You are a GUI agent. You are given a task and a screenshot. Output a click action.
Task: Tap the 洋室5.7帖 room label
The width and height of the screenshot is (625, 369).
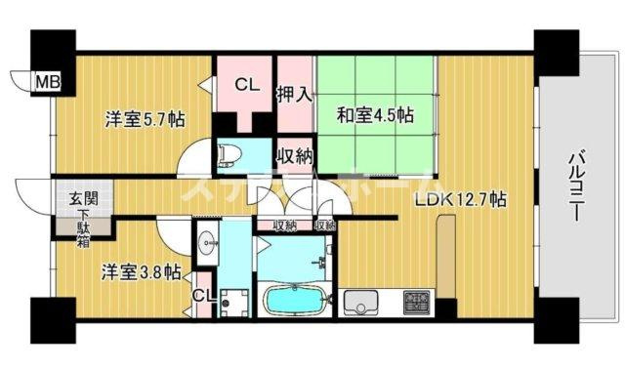(x=146, y=121)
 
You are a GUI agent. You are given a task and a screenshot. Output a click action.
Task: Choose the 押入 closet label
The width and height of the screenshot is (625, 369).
(x=294, y=96)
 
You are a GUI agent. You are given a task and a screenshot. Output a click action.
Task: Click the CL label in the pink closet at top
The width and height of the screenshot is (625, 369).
(x=246, y=85)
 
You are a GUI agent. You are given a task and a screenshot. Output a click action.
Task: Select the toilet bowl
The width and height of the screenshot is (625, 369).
(x=229, y=154)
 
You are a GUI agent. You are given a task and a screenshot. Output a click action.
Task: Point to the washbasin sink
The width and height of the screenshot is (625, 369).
(x=207, y=243)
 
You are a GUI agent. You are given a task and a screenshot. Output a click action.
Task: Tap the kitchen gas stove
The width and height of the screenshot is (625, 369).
(x=420, y=300)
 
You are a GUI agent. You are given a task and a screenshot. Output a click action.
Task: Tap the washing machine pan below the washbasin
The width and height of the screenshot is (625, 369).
(x=235, y=300)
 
